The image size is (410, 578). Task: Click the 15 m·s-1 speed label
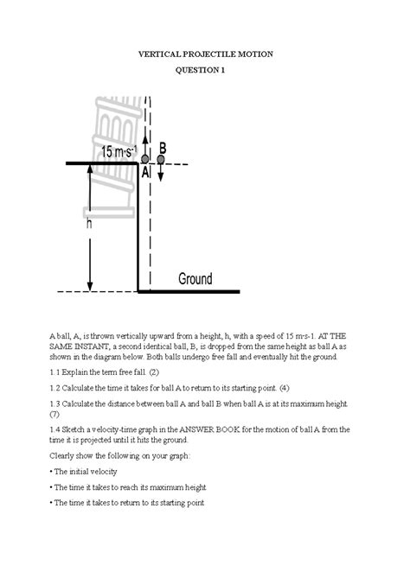[119, 151]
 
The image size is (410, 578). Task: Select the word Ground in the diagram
[195, 279]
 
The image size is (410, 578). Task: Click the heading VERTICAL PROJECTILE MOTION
[205, 54]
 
